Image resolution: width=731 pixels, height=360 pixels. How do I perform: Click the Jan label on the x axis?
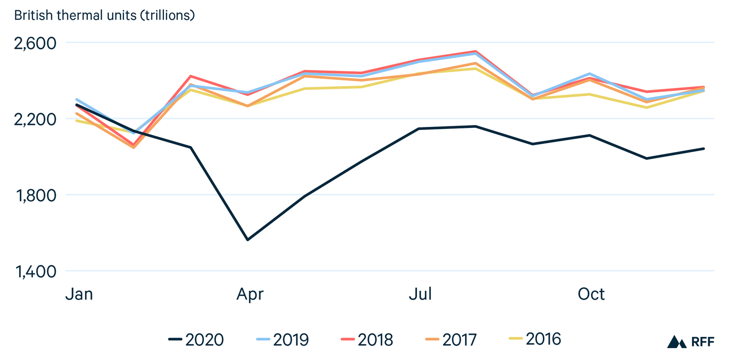(79, 294)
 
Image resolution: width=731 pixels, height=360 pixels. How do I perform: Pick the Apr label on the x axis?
(250, 294)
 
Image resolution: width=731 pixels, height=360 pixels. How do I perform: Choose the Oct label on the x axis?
(591, 294)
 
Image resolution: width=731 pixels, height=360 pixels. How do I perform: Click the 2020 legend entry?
(197, 339)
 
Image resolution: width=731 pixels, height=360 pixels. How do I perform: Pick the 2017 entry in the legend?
(451, 339)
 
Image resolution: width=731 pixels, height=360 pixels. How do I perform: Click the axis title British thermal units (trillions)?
(105, 15)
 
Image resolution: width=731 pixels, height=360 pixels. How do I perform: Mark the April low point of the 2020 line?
(247, 240)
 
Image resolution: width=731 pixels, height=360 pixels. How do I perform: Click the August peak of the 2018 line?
(476, 51)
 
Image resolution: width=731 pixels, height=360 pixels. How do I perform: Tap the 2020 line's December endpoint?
(704, 149)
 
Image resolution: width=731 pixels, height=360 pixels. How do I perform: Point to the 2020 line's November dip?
(647, 159)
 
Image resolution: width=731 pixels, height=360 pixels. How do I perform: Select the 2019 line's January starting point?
(77, 99)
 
